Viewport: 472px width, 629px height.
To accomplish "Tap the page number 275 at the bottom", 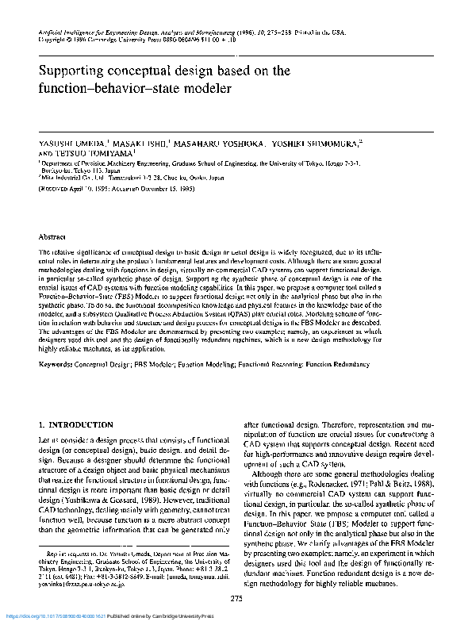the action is (x=236, y=597).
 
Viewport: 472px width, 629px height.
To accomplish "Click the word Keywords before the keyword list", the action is (x=57, y=364).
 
